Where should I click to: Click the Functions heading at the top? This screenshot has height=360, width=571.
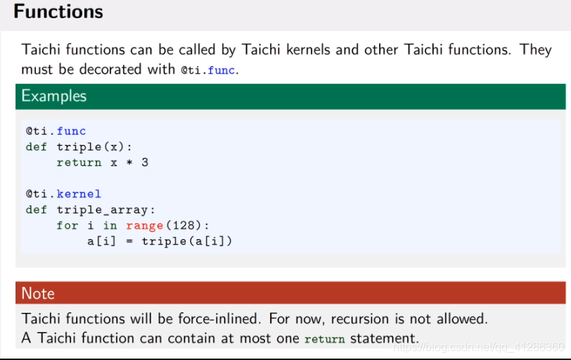click(x=58, y=12)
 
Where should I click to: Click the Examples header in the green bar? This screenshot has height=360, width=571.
click(x=54, y=96)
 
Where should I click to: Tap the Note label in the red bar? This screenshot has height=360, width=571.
click(x=38, y=293)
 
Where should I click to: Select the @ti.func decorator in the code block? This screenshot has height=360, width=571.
click(x=56, y=131)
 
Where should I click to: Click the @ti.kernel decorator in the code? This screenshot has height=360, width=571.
click(x=63, y=193)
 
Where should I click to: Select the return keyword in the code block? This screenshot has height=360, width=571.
click(x=79, y=162)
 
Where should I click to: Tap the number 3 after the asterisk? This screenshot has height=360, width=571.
click(x=145, y=162)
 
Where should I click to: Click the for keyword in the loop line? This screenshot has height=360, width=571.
click(x=68, y=225)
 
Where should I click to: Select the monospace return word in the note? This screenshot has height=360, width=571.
click(x=324, y=339)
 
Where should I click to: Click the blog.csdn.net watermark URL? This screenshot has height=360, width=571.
click(x=478, y=347)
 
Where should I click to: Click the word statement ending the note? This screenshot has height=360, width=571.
click(x=384, y=337)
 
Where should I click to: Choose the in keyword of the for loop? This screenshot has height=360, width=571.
click(x=110, y=225)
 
